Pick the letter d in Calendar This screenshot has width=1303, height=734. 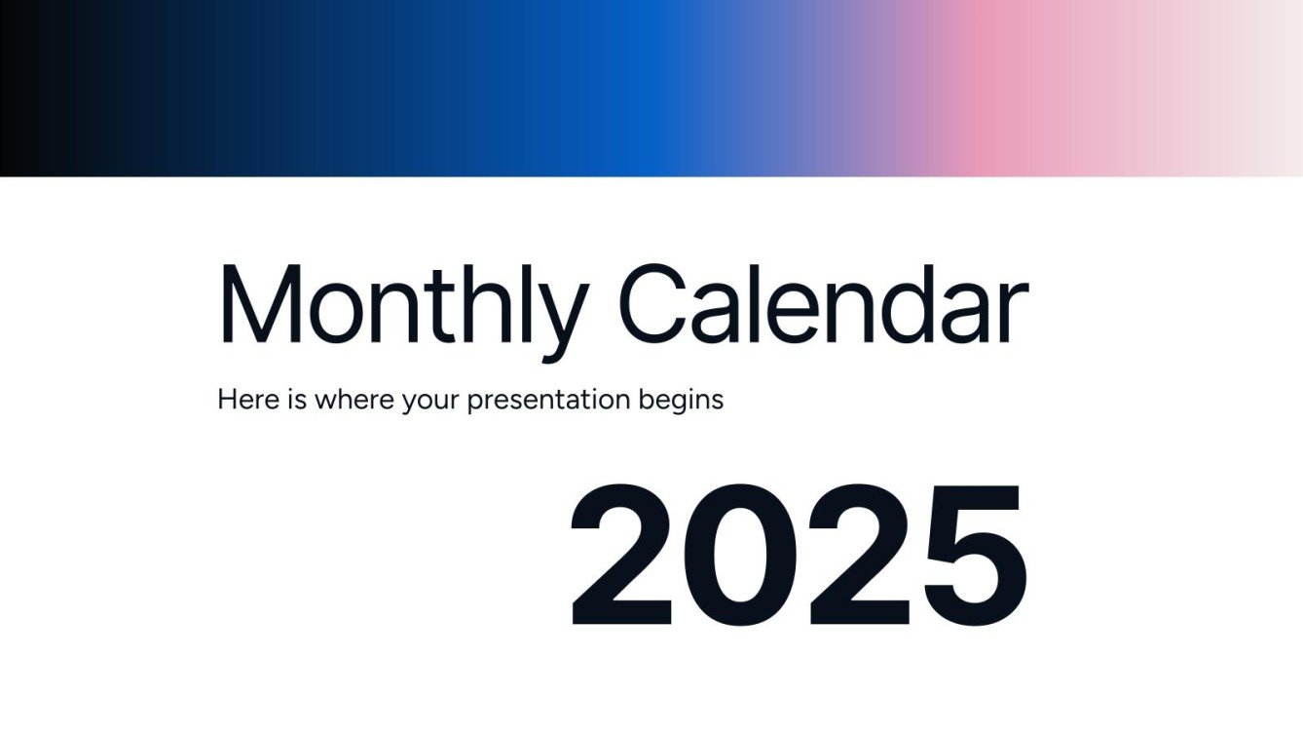point(910,302)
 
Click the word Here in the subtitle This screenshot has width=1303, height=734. point(248,400)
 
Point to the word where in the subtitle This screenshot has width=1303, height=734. point(354,400)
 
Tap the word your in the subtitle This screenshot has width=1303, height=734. point(429,402)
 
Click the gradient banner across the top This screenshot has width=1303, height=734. point(651,88)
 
